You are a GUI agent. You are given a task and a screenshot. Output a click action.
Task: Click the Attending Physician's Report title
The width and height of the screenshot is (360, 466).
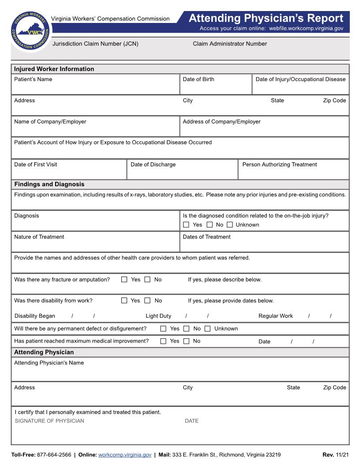point(266,19)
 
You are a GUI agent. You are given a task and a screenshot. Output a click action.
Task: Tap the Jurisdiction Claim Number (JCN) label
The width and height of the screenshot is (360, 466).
point(95,44)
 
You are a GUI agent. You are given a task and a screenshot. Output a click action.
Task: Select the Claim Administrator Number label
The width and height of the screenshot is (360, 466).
point(230,44)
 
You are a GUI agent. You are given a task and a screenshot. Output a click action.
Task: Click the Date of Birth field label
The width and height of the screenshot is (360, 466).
point(199,79)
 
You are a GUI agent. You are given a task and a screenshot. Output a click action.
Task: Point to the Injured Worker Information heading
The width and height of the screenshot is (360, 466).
point(54,69)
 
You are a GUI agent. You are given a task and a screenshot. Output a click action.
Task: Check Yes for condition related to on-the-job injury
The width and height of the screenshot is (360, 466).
point(186,225)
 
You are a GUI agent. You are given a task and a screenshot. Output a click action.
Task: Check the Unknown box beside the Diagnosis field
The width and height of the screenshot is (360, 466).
point(230,225)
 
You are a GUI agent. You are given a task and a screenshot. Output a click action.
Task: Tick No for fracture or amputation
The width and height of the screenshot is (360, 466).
point(147,279)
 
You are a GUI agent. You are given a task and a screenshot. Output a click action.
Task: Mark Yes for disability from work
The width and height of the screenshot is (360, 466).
point(124,301)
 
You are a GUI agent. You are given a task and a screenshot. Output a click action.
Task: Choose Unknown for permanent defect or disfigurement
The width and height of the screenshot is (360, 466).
point(207,328)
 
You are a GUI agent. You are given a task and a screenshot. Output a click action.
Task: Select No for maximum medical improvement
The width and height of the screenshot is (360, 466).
point(186,341)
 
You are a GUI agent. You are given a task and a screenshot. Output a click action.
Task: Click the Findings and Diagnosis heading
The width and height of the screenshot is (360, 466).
point(49,184)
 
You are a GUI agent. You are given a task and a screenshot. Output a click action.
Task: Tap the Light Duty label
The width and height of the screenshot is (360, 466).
point(158,316)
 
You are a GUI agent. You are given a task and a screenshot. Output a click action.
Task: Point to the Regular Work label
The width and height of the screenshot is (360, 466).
point(276,316)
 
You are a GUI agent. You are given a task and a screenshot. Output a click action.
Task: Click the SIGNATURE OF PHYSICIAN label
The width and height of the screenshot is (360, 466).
point(49,421)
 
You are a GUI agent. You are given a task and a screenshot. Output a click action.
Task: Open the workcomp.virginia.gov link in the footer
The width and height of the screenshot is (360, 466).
point(125,455)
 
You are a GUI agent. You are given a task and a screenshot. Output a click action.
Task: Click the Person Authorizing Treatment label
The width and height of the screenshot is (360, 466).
point(280,165)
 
